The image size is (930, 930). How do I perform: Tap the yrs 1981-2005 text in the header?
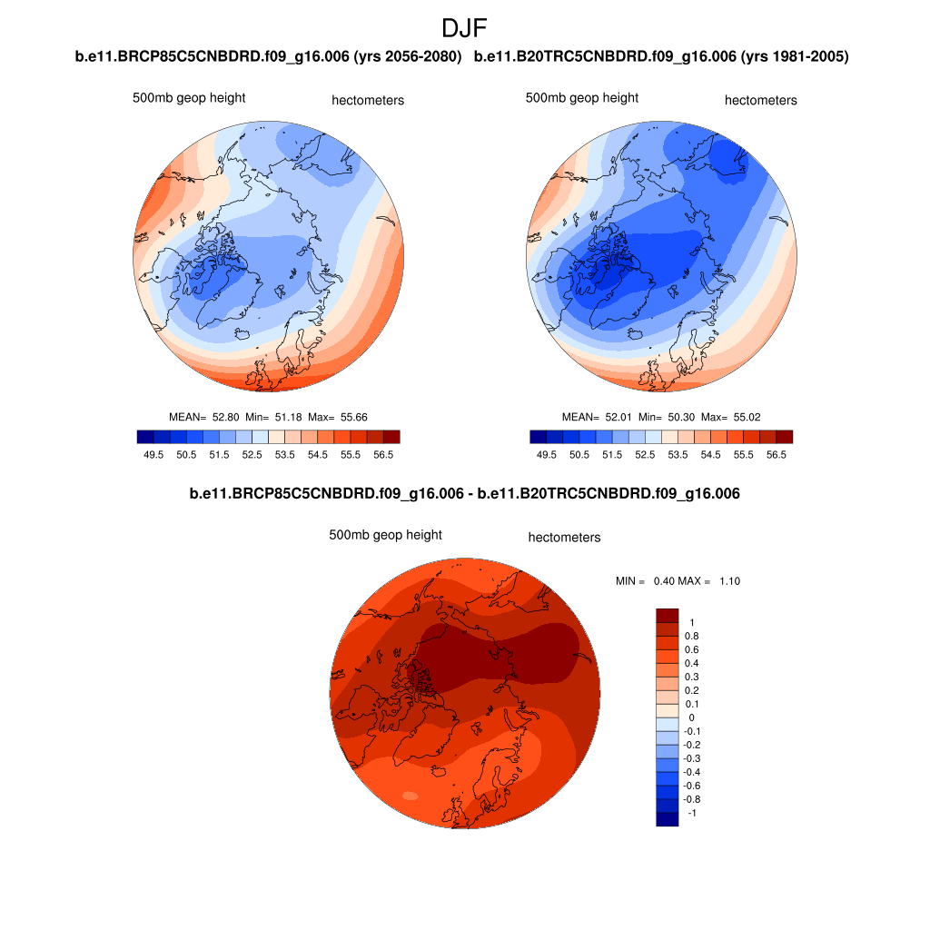(x=795, y=57)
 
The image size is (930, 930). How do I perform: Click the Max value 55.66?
(x=353, y=417)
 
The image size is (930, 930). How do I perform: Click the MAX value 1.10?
(x=729, y=581)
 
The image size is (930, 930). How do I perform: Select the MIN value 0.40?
(x=666, y=581)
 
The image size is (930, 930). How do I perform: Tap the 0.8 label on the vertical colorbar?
(x=691, y=636)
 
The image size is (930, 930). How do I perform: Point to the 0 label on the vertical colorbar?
(x=691, y=717)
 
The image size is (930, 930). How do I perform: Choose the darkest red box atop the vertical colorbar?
(x=668, y=615)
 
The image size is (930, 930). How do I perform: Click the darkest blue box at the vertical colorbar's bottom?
(x=668, y=819)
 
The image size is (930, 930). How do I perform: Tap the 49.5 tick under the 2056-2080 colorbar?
(x=153, y=454)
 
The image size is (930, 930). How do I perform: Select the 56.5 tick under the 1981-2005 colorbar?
(x=777, y=454)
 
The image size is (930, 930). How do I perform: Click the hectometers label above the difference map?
(x=564, y=538)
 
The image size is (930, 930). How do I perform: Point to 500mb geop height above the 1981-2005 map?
(x=582, y=98)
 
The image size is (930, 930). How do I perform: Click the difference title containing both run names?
(x=464, y=494)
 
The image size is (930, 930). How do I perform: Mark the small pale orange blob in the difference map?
(x=410, y=796)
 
